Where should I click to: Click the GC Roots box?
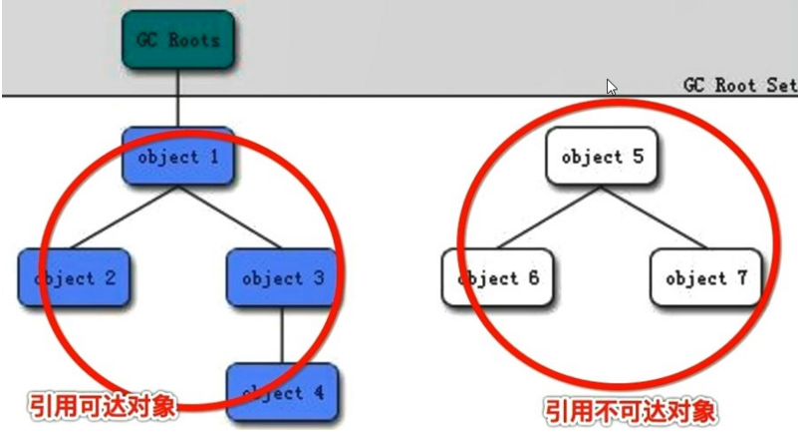(x=178, y=40)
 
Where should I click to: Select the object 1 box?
(x=178, y=157)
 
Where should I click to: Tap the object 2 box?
(x=76, y=277)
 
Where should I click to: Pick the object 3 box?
(x=283, y=277)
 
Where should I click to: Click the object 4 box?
(x=283, y=393)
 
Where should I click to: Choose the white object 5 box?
(x=601, y=157)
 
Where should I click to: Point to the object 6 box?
(x=497, y=277)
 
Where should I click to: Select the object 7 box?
(x=705, y=277)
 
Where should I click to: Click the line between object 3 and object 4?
(x=283, y=334)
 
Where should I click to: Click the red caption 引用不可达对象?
(x=631, y=410)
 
